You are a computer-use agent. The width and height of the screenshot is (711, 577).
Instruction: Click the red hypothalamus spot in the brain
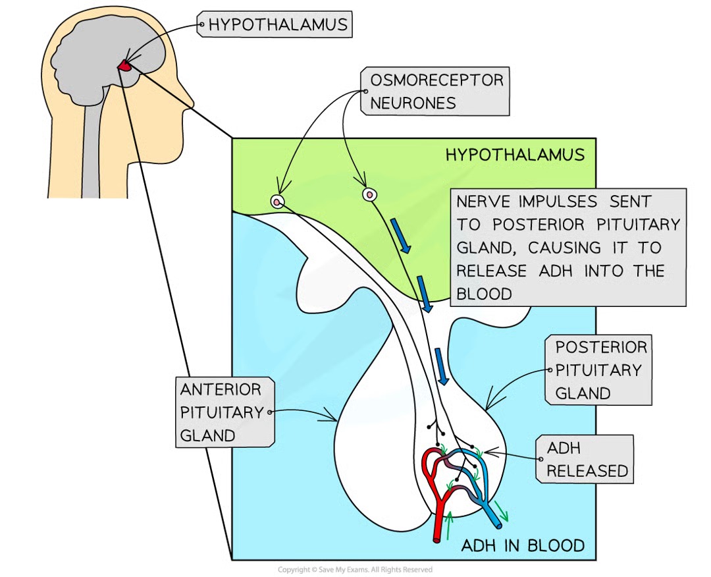pyautogui.click(x=125, y=65)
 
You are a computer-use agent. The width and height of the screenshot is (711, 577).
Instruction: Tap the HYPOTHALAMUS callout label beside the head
pyautogui.click(x=276, y=26)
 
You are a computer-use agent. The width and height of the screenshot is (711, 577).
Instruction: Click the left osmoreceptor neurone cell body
pyautogui.click(x=278, y=202)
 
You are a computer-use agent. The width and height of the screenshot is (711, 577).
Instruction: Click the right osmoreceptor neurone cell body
pyautogui.click(x=370, y=194)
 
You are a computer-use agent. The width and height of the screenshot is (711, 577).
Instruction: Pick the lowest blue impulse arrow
pyautogui.click(x=442, y=367)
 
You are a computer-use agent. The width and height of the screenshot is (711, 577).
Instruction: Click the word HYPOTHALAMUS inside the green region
pyautogui.click(x=514, y=155)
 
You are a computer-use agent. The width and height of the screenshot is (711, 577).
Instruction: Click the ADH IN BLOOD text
pyautogui.click(x=522, y=545)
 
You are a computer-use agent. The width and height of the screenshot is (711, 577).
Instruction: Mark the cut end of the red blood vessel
pyautogui.click(x=438, y=539)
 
